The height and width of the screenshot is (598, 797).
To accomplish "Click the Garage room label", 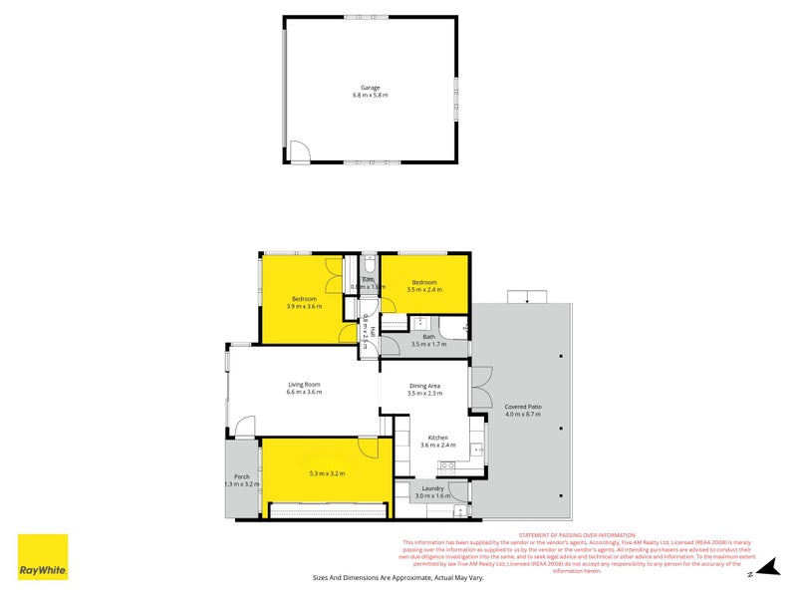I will (370, 88).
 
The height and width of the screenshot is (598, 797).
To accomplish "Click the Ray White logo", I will (43, 556).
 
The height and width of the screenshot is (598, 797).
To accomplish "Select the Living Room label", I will (304, 385).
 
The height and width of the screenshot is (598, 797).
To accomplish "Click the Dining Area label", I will (424, 385).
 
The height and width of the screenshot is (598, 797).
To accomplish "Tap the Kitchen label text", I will (438, 438).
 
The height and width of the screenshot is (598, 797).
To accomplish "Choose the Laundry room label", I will (432, 488).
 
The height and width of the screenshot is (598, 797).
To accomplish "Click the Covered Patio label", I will (522, 407).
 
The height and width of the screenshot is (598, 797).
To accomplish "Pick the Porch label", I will (241, 477).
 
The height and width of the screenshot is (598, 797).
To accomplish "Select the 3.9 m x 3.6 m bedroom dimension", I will (304, 307).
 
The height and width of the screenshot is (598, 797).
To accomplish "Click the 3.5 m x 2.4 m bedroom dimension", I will (424, 289).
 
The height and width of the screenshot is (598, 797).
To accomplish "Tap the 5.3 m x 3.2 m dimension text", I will (327, 473).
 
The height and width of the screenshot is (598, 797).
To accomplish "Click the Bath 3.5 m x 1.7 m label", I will (429, 340).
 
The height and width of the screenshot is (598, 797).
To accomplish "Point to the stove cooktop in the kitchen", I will (478, 449).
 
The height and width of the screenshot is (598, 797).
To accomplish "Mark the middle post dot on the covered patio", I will (562, 429).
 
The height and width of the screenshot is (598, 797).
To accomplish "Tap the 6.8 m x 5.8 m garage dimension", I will (370, 96).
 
